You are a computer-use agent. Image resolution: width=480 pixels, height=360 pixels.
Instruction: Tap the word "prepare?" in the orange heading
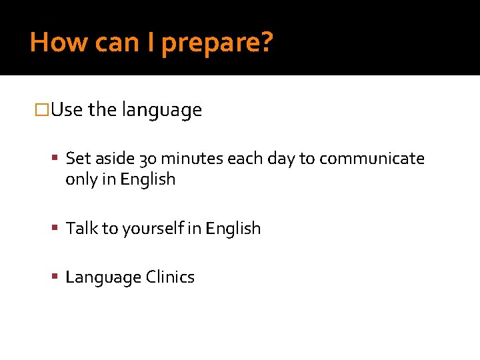217,43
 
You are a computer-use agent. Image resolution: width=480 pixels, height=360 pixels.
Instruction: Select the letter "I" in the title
151,42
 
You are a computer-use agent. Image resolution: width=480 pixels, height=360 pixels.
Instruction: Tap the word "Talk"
81,228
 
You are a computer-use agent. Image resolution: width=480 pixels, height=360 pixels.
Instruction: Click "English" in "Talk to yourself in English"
233,229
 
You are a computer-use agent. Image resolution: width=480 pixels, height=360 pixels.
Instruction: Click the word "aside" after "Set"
114,159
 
